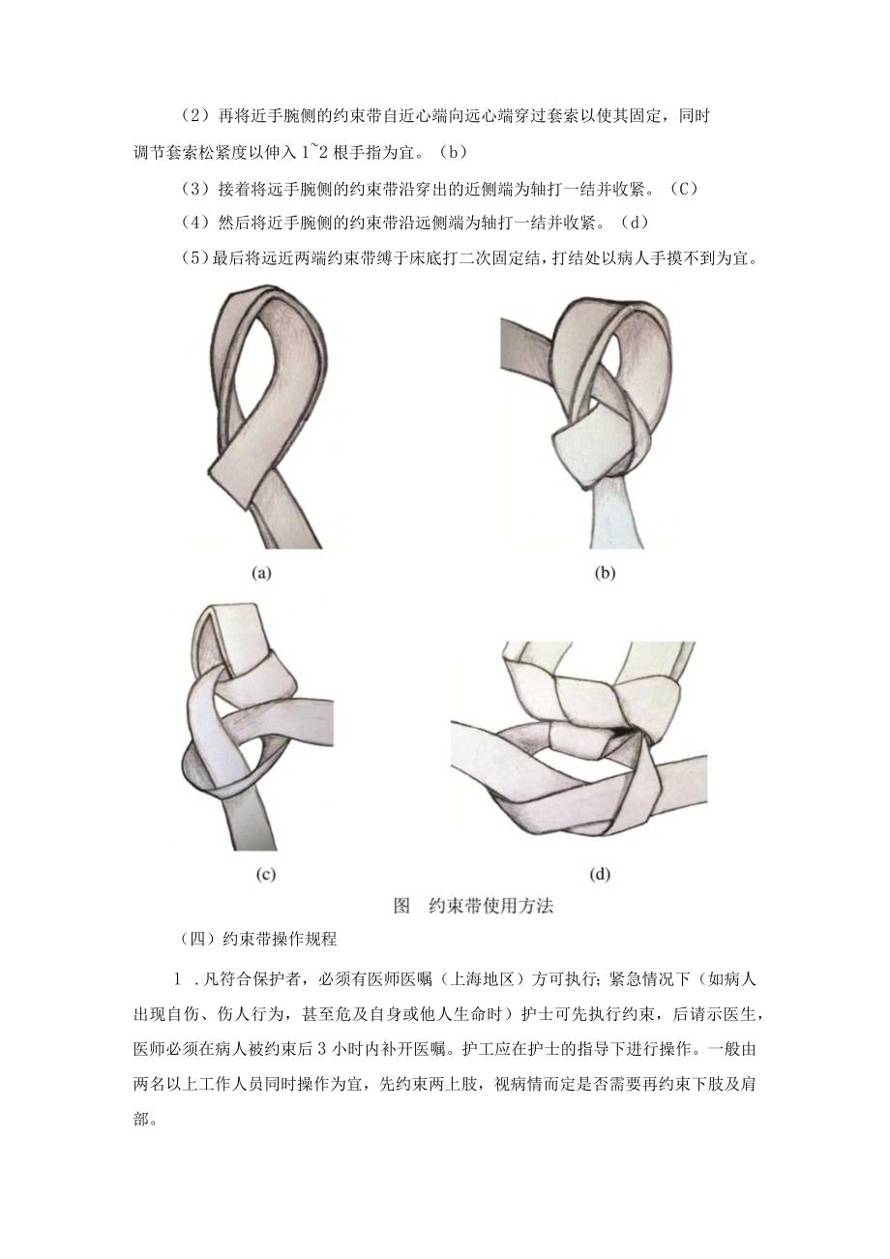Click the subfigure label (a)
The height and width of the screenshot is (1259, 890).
pos(261,573)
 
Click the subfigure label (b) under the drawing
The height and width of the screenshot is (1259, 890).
pos(604,573)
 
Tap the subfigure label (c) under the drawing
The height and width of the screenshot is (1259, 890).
pos(265,874)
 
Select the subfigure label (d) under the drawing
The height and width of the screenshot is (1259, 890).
pos(600,874)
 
